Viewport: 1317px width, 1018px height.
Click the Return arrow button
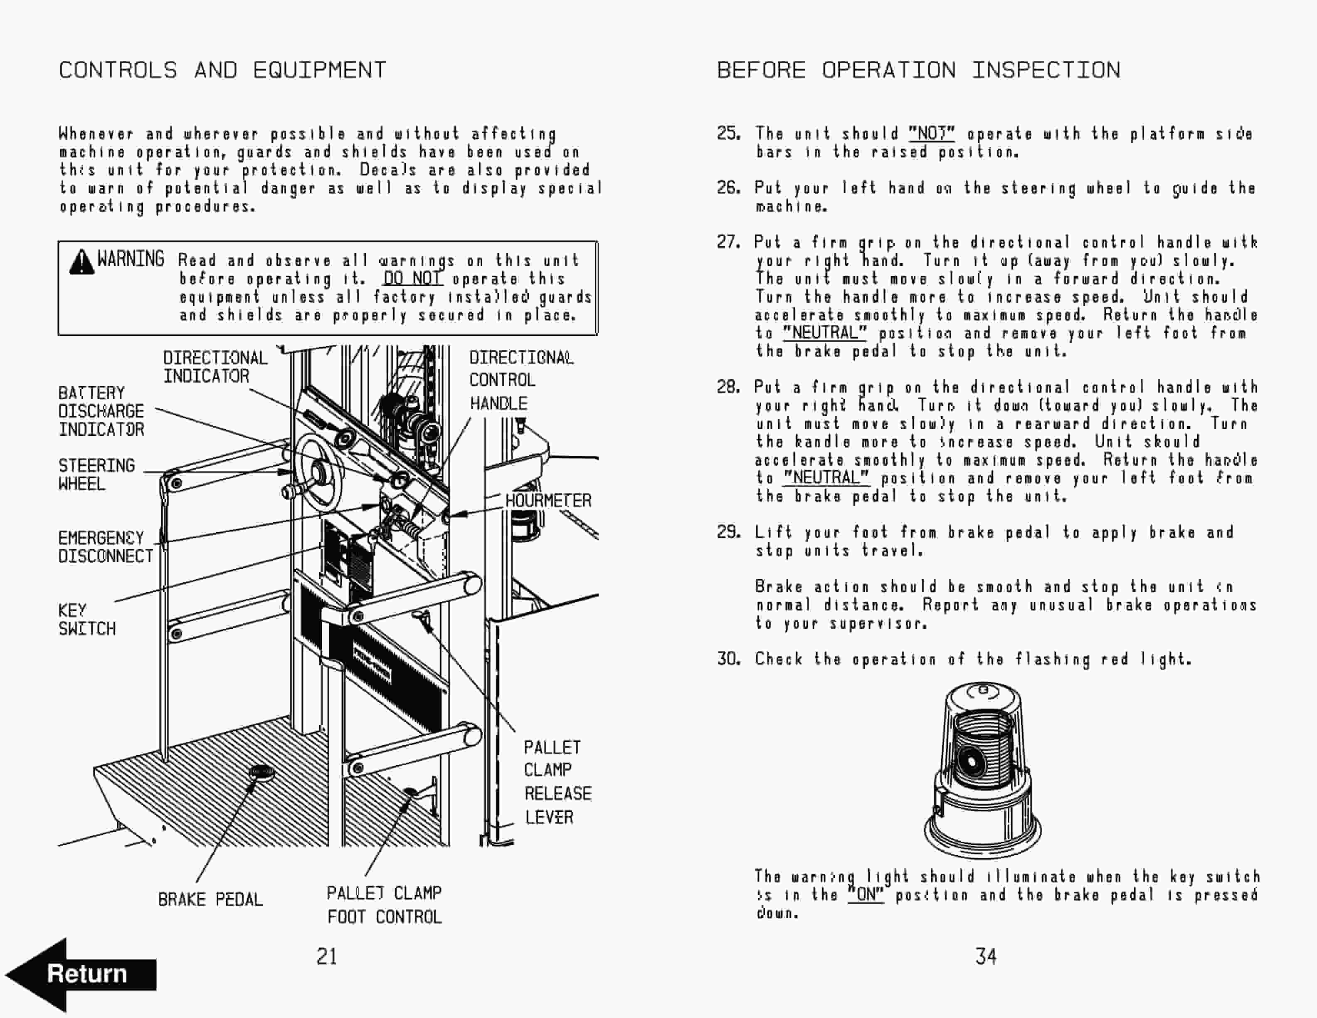tap(81, 974)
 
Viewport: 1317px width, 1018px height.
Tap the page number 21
tap(326, 956)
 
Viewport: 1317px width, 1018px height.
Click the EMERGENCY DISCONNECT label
tap(106, 547)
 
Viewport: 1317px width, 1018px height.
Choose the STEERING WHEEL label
tap(96, 474)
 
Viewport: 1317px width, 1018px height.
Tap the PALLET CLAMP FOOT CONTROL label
tap(384, 904)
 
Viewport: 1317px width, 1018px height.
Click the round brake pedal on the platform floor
tap(261, 772)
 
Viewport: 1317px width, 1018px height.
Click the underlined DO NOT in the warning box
tap(412, 279)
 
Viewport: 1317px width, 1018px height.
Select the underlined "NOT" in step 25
tap(931, 133)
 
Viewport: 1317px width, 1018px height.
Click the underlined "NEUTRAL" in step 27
tap(824, 333)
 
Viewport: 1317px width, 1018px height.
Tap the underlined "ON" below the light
tap(866, 894)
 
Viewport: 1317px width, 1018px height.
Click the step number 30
tap(728, 659)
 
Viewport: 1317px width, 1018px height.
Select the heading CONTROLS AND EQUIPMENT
tap(222, 70)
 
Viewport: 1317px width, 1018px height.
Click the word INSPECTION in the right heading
tap(1046, 70)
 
